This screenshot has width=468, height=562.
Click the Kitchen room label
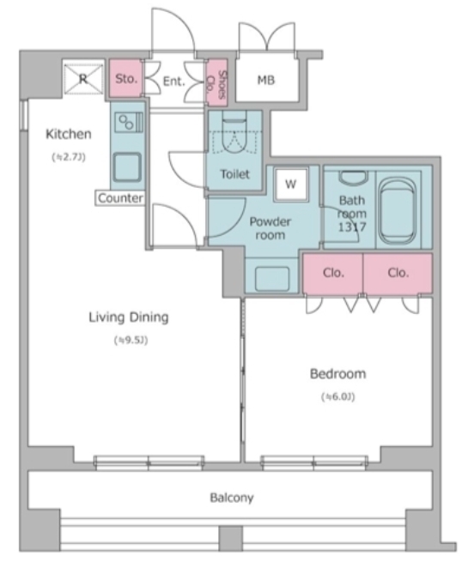[69, 134]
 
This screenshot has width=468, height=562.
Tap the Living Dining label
[129, 317]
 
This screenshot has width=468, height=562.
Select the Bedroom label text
[337, 374]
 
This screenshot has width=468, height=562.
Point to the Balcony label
[232, 498]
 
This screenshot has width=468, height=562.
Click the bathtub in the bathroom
[398, 211]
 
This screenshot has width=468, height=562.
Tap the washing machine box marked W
[291, 184]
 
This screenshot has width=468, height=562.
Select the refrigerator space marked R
[83, 78]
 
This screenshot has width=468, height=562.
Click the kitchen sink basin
[127, 167]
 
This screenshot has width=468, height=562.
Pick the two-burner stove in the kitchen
[128, 122]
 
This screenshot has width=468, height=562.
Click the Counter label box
[120, 198]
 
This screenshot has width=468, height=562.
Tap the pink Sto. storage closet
[125, 78]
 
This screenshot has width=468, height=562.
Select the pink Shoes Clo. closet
[217, 83]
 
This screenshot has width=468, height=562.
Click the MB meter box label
[266, 80]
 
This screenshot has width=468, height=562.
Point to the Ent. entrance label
[174, 82]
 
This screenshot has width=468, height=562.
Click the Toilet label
[235, 174]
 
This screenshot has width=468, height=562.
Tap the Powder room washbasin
[272, 279]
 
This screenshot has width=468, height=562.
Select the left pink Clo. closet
[333, 274]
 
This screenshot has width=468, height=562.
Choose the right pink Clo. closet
[398, 274]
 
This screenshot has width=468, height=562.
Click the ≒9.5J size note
[131, 340]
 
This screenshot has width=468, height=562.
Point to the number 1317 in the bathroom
[352, 227]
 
